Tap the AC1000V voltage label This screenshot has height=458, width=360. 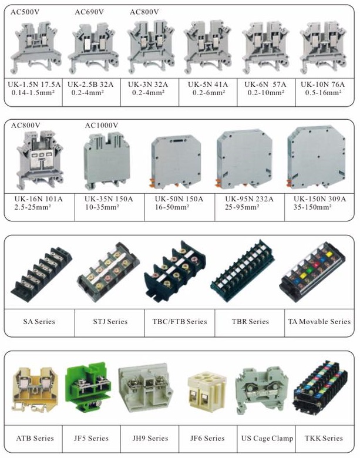(102, 125)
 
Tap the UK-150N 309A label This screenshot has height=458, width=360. (320, 199)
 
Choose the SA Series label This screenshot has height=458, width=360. (39, 321)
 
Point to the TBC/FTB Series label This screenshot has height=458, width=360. (180, 321)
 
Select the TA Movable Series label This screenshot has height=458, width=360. (319, 321)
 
